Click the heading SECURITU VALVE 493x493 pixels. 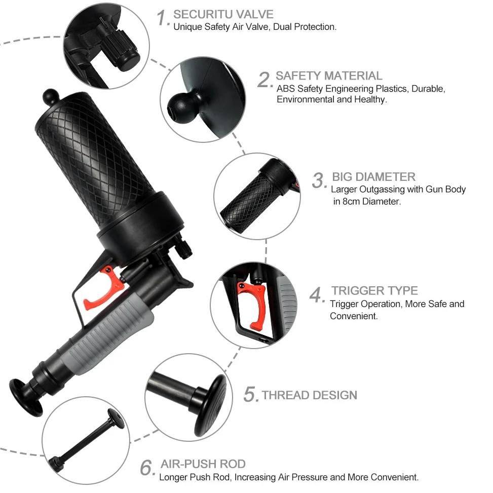pyautogui.click(x=223, y=15)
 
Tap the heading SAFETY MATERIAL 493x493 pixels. pyautogui.click(x=329, y=76)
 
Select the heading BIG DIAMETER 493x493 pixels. pyautogui.click(x=374, y=177)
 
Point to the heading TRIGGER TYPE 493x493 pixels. pyautogui.click(x=374, y=290)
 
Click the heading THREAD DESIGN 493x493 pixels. pyautogui.click(x=310, y=395)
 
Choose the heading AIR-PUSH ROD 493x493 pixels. pyautogui.click(x=203, y=464)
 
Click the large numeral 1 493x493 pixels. pyautogui.click(x=163, y=18)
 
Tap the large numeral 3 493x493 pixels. pyautogui.click(x=319, y=180)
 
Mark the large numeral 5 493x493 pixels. pyautogui.click(x=251, y=394)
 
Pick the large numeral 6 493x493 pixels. pyautogui.click(x=147, y=468)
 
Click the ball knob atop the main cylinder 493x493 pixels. pyautogui.click(x=51, y=97)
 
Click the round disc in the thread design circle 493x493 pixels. pyautogui.click(x=211, y=405)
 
